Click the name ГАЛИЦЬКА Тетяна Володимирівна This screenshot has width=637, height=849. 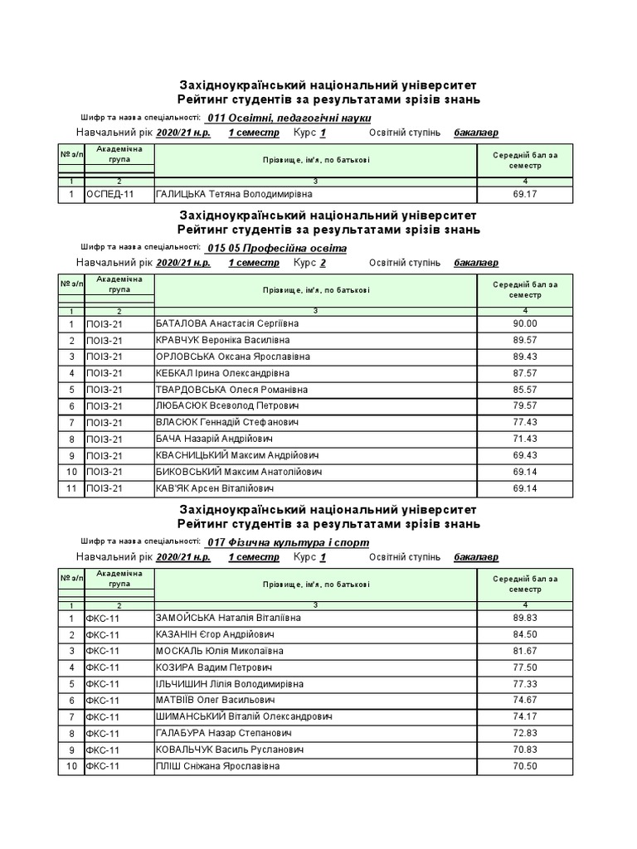[x=234, y=195]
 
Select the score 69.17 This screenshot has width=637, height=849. [x=525, y=195]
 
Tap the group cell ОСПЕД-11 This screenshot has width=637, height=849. [x=109, y=195]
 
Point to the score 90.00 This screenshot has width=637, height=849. [x=525, y=324]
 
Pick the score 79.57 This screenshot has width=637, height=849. [x=525, y=406]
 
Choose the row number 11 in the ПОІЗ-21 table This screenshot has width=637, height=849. [x=71, y=488]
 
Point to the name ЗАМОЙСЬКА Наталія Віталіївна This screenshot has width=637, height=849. [x=228, y=618]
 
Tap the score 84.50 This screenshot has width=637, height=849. [x=525, y=634]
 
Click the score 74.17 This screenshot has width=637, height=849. [x=525, y=716]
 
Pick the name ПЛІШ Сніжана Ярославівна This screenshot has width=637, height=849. [x=217, y=766]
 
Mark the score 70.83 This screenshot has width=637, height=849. [x=525, y=750]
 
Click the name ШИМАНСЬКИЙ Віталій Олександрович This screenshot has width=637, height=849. [x=244, y=716]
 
